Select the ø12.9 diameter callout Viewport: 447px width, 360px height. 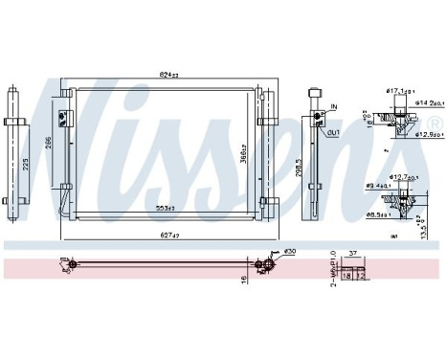(x=418, y=135)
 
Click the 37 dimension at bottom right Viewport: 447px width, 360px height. (x=353, y=254)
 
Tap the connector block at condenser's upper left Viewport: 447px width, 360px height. (x=66, y=117)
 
